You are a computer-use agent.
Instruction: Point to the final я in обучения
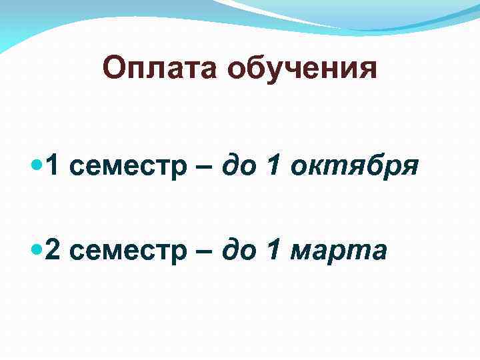367,70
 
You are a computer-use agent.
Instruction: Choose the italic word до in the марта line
236,251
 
